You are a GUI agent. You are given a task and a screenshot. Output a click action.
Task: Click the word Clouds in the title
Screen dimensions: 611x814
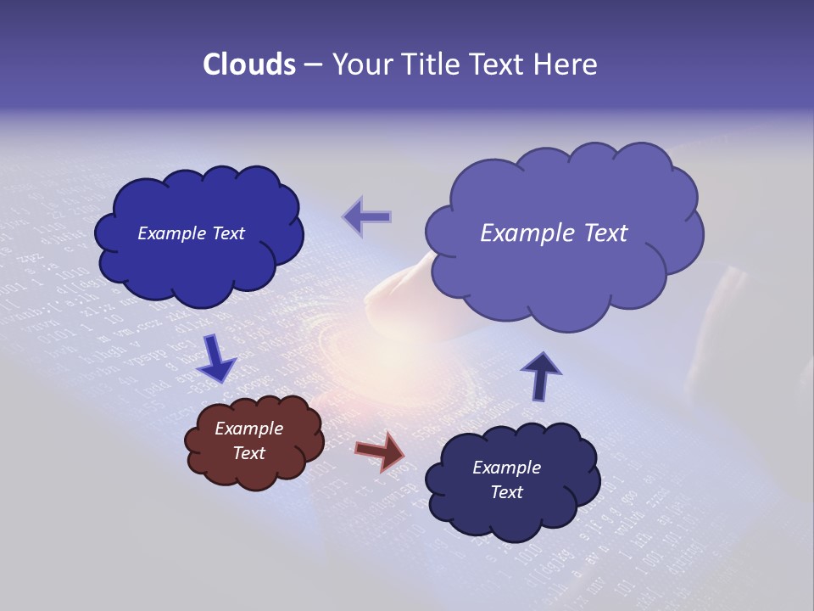click(248, 64)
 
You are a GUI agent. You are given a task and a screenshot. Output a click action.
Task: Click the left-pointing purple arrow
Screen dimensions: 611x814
click(368, 217)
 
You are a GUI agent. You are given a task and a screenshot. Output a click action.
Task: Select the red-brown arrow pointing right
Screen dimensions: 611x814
click(381, 451)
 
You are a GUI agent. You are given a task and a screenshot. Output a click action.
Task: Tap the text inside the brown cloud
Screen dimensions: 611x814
click(249, 440)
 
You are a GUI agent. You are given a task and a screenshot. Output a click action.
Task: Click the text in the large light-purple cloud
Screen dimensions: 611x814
click(554, 233)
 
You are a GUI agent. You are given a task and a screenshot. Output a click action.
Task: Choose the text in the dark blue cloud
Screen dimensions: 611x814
click(191, 233)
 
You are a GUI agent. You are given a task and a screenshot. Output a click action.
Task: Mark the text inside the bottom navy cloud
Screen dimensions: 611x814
click(506, 479)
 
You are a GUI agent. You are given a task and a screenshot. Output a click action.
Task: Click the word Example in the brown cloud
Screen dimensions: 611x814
click(249, 429)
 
